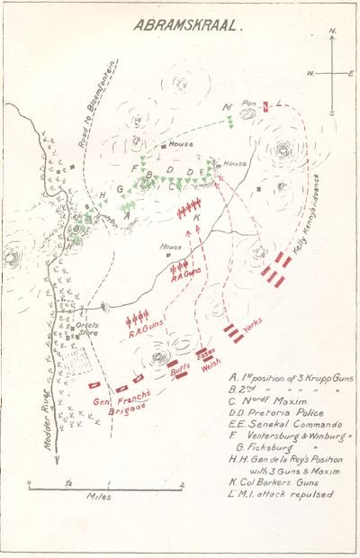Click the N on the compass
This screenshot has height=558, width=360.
click(331, 32)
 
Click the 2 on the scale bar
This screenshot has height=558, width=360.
click(182, 485)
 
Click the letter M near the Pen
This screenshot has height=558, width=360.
click(227, 105)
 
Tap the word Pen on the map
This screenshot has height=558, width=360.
click(249, 103)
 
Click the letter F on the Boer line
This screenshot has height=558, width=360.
click(135, 169)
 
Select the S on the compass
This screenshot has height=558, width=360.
click(331, 113)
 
